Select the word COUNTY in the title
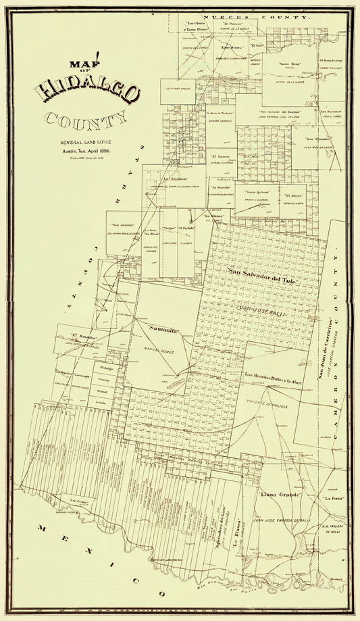point(86,119)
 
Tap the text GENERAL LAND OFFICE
point(87,143)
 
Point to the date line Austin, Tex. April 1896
point(87,151)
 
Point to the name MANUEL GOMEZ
point(161,352)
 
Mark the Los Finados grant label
point(318,139)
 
